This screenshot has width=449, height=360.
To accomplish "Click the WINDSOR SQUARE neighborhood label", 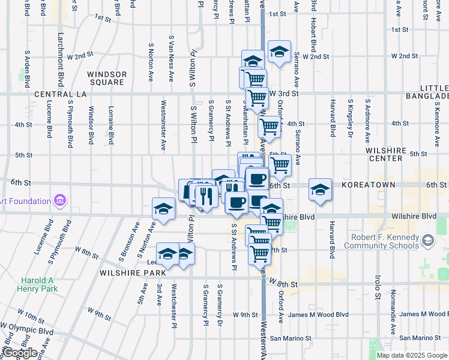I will pos(107,79).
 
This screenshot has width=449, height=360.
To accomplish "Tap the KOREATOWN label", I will pos(368,185).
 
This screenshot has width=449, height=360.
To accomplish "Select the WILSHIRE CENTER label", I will pos(393,154).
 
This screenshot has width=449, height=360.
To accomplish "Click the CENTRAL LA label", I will pos(61,95).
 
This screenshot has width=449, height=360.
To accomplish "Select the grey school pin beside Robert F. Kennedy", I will pos(427,241).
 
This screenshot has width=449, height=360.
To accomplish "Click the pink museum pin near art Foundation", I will pos(59,200).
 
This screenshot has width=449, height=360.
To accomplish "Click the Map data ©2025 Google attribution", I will pos(412,355).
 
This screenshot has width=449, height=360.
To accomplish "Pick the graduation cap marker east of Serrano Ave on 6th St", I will pos(321,190).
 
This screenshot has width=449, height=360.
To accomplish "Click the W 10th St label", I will pos(31,314).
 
